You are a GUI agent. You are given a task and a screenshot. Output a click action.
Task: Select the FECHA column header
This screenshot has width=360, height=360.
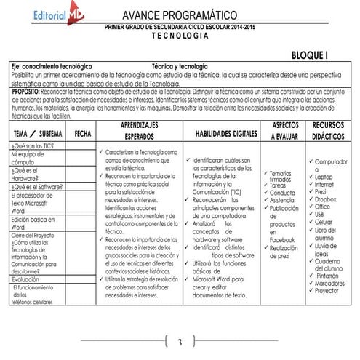coord(82,133)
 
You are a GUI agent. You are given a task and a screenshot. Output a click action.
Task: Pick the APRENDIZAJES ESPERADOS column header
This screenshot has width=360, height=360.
coord(139,131)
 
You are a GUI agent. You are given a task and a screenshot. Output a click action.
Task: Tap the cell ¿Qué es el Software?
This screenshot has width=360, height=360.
coord(36,187)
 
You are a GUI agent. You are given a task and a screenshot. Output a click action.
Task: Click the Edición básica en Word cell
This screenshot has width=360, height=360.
coord(33,222)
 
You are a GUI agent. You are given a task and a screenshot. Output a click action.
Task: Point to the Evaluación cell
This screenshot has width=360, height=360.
coord(25,279)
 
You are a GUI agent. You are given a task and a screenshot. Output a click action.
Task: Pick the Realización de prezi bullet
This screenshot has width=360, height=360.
coord(285,252)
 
